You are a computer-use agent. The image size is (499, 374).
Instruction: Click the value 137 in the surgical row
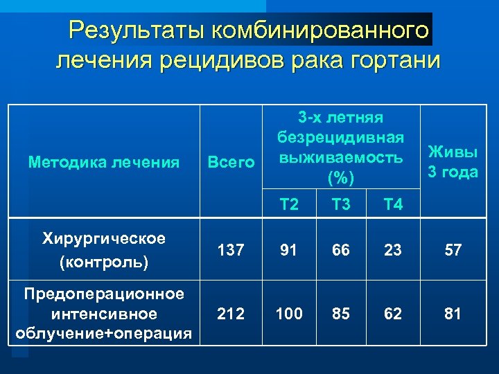230,251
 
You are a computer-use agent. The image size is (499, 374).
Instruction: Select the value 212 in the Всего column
230,314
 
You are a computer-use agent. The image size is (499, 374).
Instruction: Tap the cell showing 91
289,251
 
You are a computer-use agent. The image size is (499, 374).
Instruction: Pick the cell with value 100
289,314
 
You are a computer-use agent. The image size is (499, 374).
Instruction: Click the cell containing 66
341,251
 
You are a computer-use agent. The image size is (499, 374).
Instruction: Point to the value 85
341,314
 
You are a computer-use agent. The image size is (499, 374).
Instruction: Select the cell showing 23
393,251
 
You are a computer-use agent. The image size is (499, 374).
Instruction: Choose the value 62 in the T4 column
393,314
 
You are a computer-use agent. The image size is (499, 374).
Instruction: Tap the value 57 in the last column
453,251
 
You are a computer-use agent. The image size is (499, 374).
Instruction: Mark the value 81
453,314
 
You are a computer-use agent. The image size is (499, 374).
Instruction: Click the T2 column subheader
289,204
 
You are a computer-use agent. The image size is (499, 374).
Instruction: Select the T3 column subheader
341,204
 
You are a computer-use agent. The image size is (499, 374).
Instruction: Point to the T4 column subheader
393,204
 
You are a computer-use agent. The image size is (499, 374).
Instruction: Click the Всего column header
231,163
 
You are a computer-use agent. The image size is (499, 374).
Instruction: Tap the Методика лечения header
104,163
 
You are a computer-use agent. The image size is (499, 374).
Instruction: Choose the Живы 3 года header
453,161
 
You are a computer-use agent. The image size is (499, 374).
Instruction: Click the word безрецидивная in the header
340,138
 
